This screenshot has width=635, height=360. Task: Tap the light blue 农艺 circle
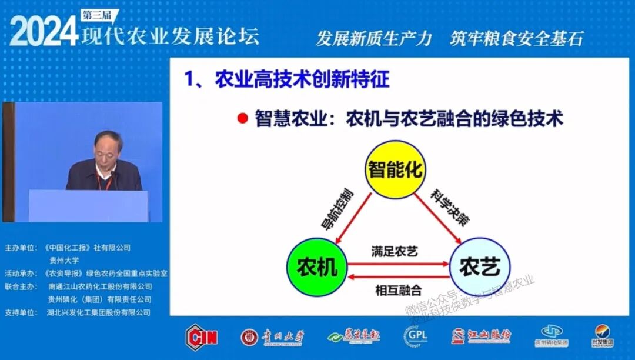coord(479,267)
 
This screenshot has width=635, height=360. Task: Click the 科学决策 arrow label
coord(442,208)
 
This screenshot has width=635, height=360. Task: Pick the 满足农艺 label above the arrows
coord(395,252)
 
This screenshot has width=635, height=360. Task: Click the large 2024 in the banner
coord(44,32)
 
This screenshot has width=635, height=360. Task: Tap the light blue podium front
coord(88,205)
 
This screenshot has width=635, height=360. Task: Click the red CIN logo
coord(202,336)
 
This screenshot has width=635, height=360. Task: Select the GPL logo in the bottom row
coord(415,336)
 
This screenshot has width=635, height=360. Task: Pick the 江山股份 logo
coord(481,336)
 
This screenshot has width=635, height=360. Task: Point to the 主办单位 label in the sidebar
coord(20,248)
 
